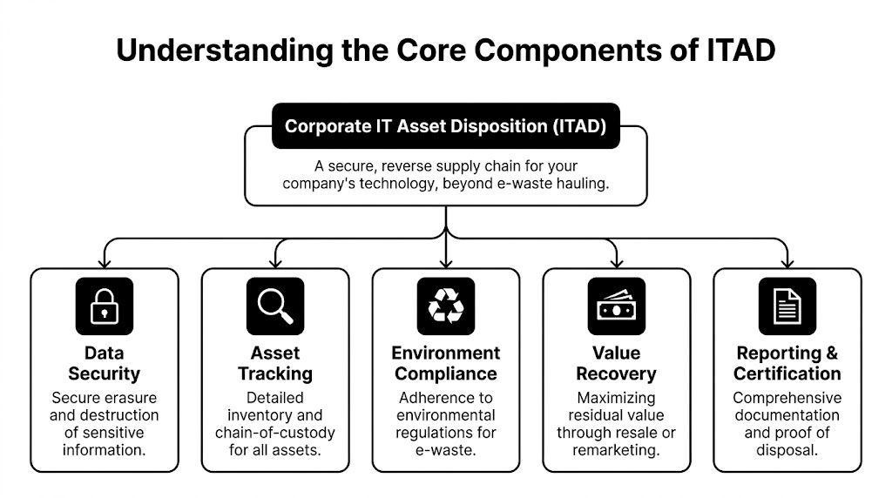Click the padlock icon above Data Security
[x=105, y=306]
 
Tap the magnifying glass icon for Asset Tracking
[x=275, y=306]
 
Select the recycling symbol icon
[x=446, y=306]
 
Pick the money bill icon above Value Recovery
[x=617, y=306]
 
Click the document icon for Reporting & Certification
[x=787, y=306]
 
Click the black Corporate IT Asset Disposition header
[x=446, y=126]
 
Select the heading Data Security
[x=105, y=363]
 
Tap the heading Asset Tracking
[x=275, y=363]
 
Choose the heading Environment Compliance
[x=446, y=363]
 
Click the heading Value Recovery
[x=617, y=363]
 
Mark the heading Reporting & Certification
[x=787, y=363]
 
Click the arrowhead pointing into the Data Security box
[x=105, y=262]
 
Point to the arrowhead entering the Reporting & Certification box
[x=787, y=262]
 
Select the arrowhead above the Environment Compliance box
[x=446, y=262]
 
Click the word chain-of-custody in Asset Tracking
[x=275, y=433]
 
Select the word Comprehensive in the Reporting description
[x=787, y=398]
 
